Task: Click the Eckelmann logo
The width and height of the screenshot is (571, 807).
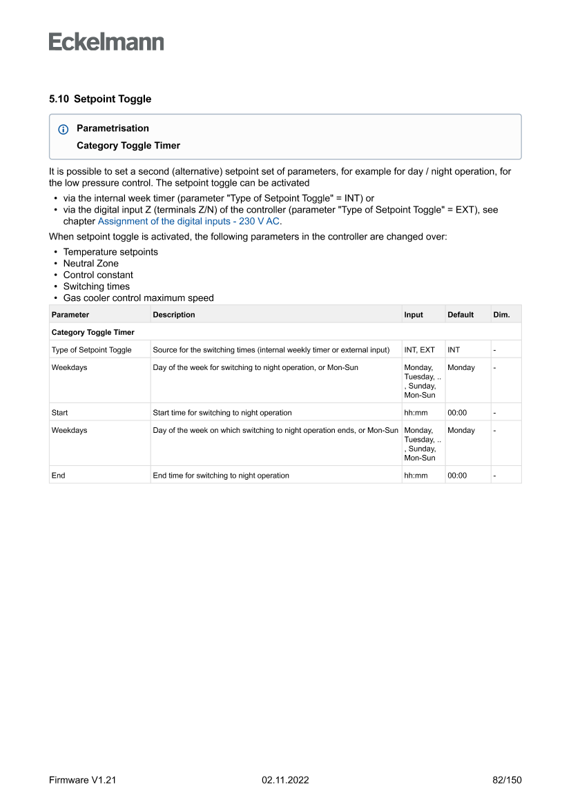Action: pyautogui.click(x=106, y=41)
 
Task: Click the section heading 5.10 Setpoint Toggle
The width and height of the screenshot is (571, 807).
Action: pyautogui.click(x=100, y=99)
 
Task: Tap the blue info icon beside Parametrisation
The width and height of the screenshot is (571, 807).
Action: pyautogui.click(x=64, y=129)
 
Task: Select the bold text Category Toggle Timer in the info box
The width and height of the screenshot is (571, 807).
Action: pyautogui.click(x=128, y=146)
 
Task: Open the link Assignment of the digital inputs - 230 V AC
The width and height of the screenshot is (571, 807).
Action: pyautogui.click(x=188, y=222)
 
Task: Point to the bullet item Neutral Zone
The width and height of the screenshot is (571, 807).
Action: pyautogui.click(x=90, y=263)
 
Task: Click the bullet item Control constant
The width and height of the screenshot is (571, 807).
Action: pyautogui.click(x=98, y=275)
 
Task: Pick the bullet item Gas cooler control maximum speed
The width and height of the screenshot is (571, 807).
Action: pyautogui.click(x=138, y=298)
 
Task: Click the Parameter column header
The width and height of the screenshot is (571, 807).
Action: pyautogui.click(x=70, y=315)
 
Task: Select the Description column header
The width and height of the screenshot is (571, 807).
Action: pyautogui.click(x=174, y=315)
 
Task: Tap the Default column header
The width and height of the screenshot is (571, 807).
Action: pyautogui.click(x=461, y=315)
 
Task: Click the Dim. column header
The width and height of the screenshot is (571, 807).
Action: pyautogui.click(x=501, y=315)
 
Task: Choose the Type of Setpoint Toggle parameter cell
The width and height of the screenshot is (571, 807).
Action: pyautogui.click(x=91, y=350)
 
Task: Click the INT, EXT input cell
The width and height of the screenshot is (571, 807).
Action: pyautogui.click(x=420, y=350)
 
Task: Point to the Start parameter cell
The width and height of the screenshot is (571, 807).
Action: pyautogui.click(x=59, y=413)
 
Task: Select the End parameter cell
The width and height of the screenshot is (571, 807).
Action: pyautogui.click(x=58, y=476)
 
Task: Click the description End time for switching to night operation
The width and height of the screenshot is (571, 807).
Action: pyautogui.click(x=221, y=476)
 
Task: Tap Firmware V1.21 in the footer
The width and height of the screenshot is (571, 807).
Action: pyautogui.click(x=82, y=780)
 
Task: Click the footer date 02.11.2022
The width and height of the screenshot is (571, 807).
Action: pyautogui.click(x=285, y=780)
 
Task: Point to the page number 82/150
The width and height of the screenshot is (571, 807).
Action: pyautogui.click(x=507, y=780)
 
